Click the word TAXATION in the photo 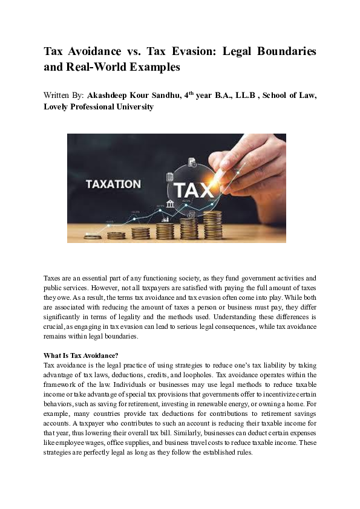pos(113,184)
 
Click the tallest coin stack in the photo pos(212,224)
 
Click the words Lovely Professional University pos(99,107)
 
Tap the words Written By pos(64,96)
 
